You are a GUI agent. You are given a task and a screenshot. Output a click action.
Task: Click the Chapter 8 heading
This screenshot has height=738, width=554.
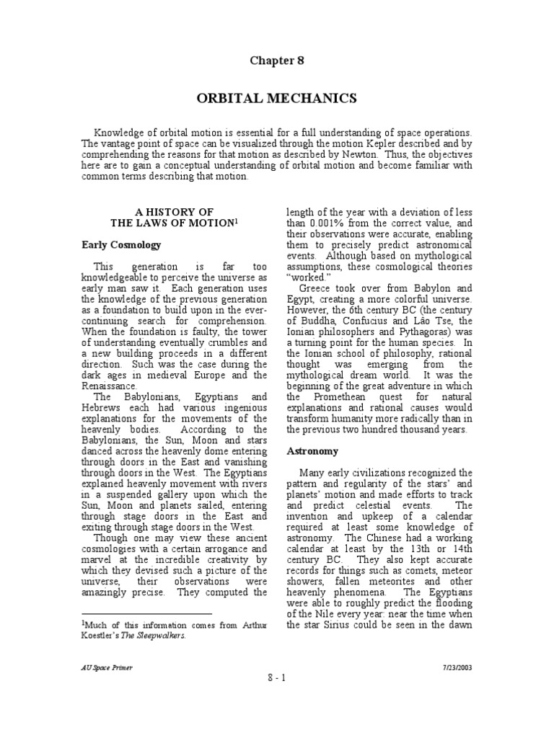point(277,61)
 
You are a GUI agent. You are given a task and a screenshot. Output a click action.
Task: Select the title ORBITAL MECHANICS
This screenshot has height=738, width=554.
point(277,98)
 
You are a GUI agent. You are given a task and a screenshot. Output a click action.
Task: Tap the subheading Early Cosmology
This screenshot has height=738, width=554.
point(120,245)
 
